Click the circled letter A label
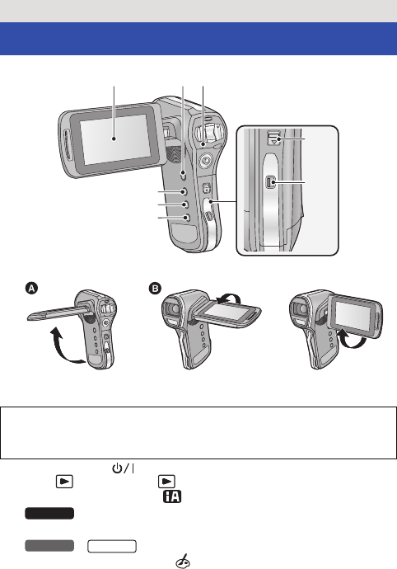point(32,289)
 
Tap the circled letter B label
point(155,289)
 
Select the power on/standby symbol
point(124,468)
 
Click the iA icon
point(172,496)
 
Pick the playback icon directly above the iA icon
point(166,482)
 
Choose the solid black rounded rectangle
point(49,514)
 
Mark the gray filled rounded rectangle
point(49,546)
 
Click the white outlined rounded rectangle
point(112,546)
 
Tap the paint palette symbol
point(183,561)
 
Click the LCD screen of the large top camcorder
point(114,139)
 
